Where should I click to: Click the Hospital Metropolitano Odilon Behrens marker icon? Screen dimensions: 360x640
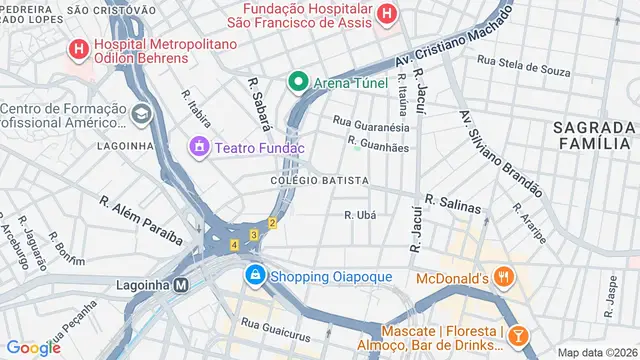[77, 47]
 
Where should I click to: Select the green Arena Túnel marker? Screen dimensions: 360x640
[297, 81]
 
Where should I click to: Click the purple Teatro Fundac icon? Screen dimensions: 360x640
[199, 148]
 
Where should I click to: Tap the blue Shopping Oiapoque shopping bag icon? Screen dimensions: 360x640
[256, 274]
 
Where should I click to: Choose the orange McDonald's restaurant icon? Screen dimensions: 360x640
[505, 277]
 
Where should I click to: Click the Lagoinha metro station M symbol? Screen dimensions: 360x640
[181, 284]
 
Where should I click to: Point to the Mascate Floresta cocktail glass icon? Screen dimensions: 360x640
[518, 335]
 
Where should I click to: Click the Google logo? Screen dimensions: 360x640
[34, 347]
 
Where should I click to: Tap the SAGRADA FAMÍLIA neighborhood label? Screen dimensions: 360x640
[593, 136]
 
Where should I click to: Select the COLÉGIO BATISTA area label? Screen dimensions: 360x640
[318, 181]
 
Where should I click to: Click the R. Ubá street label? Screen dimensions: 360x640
[359, 215]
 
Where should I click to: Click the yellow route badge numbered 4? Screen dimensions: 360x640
[233, 244]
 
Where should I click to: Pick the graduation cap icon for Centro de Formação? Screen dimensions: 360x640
[140, 113]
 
